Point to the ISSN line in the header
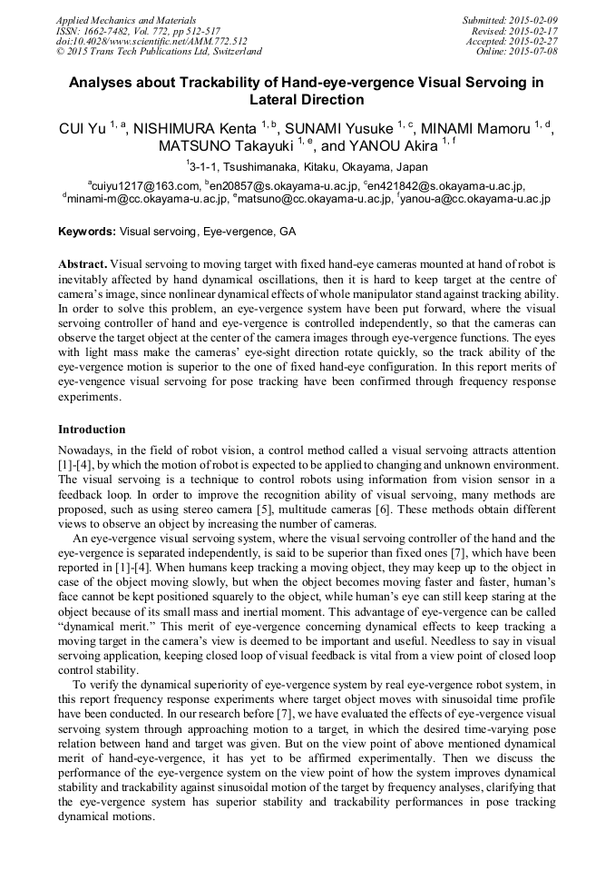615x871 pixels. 137,31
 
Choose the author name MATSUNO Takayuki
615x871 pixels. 227,145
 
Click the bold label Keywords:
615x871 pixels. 87,232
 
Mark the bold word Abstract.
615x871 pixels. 83,263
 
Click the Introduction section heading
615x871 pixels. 92,429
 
